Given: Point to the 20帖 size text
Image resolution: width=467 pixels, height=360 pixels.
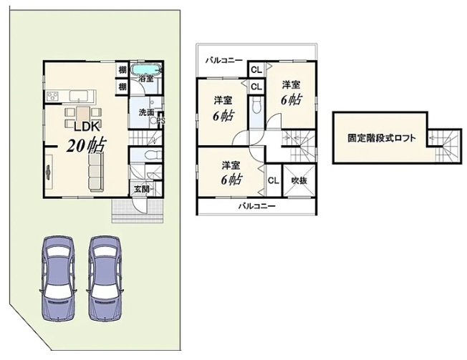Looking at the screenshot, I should [86, 147].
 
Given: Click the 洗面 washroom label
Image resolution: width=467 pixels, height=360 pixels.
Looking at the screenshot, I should [146, 112].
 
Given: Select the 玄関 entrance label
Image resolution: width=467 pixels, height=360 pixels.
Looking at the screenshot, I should [140, 189].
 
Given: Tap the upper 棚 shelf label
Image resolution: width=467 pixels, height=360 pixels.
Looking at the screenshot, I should [122, 70].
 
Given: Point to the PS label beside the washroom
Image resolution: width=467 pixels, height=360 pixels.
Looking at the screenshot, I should [161, 121].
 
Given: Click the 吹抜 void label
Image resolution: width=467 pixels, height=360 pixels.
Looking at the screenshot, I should [299, 180].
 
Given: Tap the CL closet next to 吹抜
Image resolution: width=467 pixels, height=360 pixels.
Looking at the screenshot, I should [273, 180].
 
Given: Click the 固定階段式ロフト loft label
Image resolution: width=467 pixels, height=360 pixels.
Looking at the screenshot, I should [379, 137].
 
